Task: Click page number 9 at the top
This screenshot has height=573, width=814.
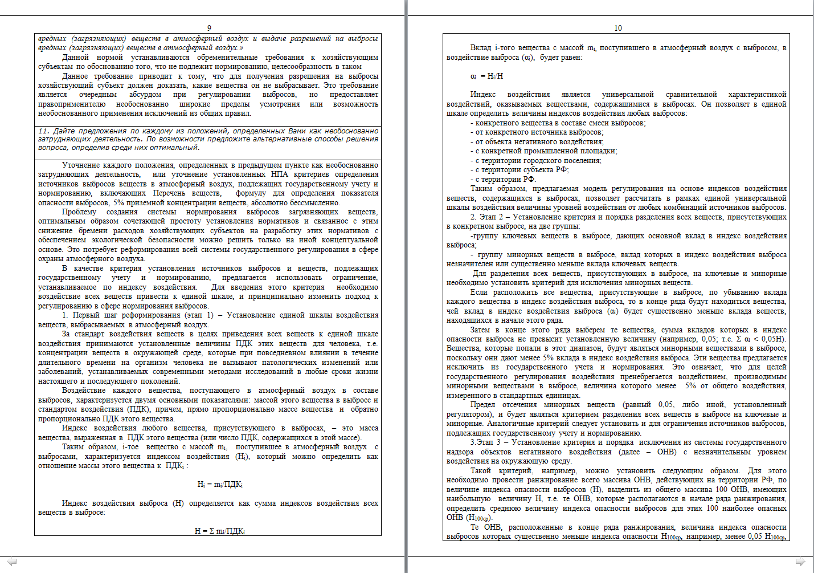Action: (x=209, y=28)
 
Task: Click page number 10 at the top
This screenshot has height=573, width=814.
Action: (x=618, y=28)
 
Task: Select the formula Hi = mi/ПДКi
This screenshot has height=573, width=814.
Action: (x=220, y=485)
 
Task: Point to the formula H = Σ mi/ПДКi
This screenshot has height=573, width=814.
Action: (x=220, y=531)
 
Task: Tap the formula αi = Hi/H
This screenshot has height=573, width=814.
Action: (x=486, y=76)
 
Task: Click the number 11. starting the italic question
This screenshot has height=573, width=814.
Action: (x=44, y=131)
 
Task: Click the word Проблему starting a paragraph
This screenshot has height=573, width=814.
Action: (x=79, y=212)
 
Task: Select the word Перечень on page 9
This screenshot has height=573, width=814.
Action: (x=169, y=193)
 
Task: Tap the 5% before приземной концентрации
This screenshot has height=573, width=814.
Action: (x=118, y=202)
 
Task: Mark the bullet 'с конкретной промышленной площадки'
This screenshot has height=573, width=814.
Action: (x=543, y=151)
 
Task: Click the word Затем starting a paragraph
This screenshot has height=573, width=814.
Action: (x=480, y=330)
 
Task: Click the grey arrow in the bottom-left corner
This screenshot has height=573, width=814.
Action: (x=11, y=562)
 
